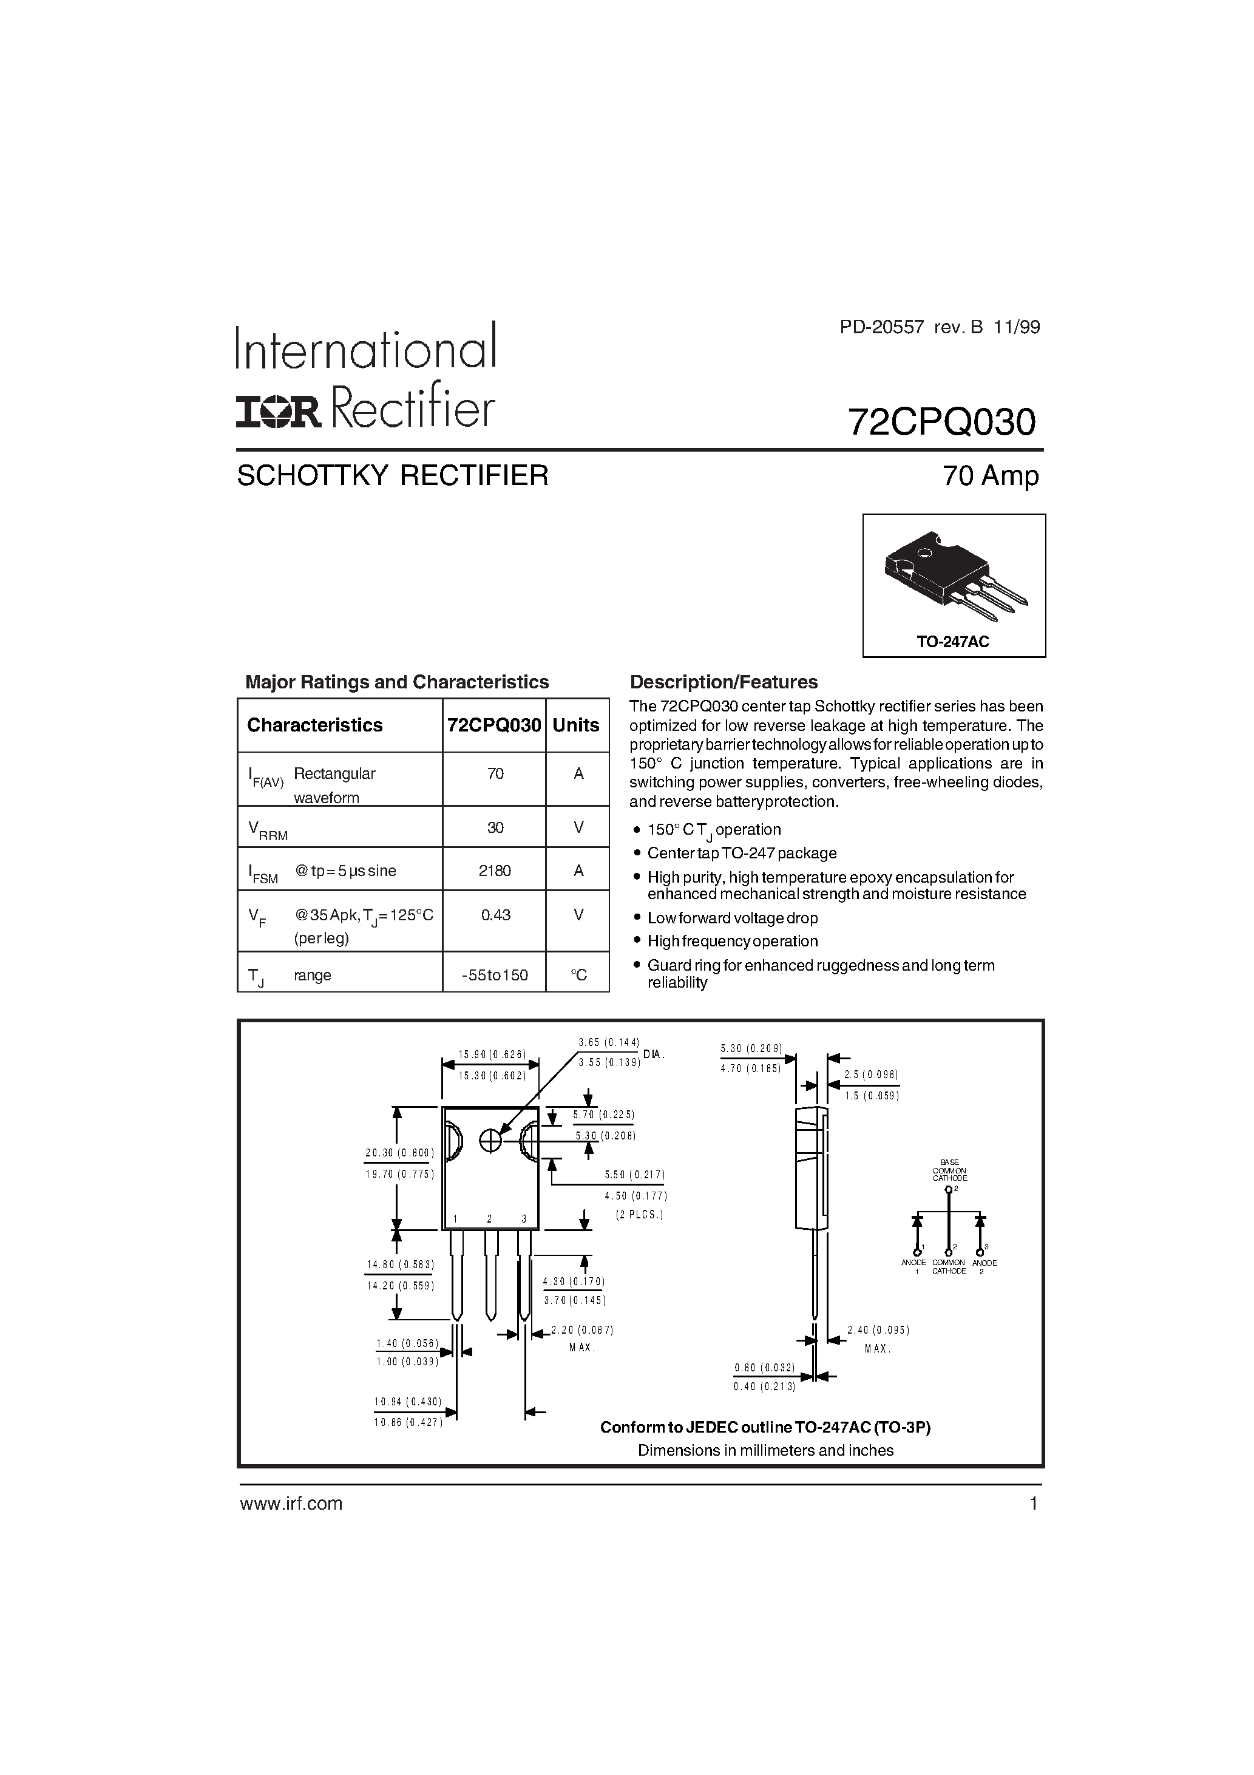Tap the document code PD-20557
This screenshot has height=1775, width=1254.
click(882, 327)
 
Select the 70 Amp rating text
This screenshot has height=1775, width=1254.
click(991, 475)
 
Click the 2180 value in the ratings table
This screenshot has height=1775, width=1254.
click(495, 871)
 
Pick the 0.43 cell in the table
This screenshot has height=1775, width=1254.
click(495, 915)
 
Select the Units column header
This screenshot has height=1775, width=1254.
click(576, 725)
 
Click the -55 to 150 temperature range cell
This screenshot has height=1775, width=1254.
click(495, 975)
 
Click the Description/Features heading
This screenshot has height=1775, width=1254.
click(724, 682)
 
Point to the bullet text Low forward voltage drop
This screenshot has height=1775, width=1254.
click(732, 918)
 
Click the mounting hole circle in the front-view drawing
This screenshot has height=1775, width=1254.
click(490, 1140)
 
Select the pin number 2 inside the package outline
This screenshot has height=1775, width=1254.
click(489, 1220)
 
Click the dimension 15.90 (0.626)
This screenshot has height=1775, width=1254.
click(492, 1054)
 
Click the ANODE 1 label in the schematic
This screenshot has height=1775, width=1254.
click(914, 1266)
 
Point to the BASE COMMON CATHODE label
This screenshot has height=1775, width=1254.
click(949, 1170)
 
